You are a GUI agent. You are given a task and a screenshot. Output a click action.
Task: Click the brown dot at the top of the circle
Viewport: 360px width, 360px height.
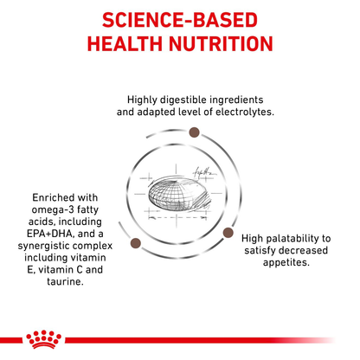coord(194,132)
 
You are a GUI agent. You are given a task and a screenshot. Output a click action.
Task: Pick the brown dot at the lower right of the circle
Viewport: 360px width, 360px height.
coord(229,231)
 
